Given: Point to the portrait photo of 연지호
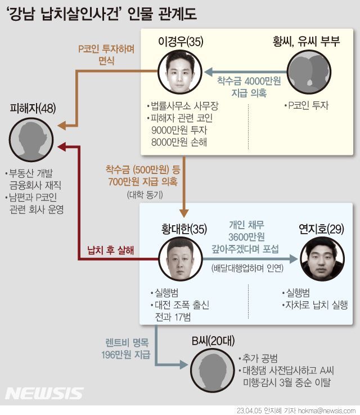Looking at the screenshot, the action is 321,259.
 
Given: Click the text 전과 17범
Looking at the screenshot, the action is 171,318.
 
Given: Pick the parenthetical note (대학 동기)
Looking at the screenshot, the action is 145,195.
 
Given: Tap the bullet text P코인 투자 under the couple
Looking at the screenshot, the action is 308,105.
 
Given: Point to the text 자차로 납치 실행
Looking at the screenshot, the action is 318,306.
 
